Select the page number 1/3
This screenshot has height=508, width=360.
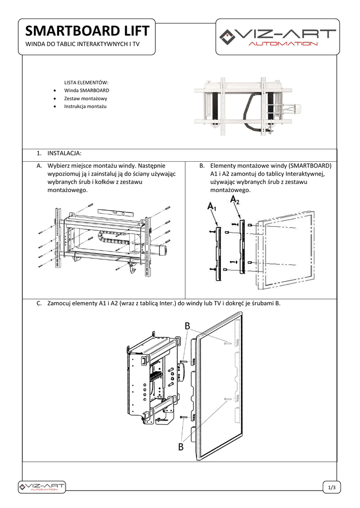[332, 488]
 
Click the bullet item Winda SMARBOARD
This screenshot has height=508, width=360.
[86, 91]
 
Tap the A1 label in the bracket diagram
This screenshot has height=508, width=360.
[212, 206]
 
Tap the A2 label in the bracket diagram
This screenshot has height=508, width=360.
[235, 200]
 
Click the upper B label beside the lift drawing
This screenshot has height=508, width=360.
[187, 326]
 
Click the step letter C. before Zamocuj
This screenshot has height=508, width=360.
[39, 304]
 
